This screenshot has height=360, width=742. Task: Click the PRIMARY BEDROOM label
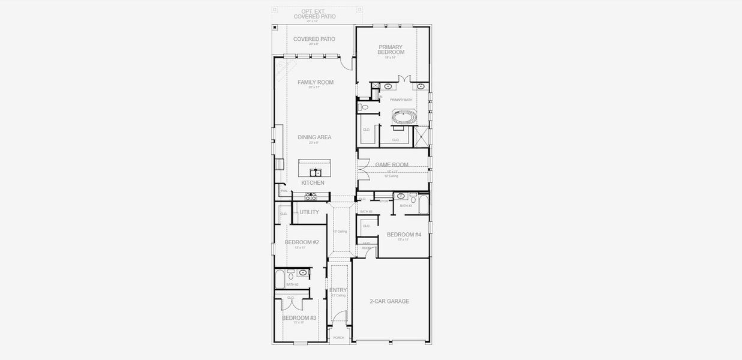(390, 50)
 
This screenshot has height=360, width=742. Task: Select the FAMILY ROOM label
(316, 82)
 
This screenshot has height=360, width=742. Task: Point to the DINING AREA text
(314, 137)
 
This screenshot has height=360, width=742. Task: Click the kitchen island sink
(315, 172)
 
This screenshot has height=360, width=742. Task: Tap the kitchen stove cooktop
(311, 195)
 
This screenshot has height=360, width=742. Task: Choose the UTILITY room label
(310, 212)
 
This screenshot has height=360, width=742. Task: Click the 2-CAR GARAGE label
(389, 301)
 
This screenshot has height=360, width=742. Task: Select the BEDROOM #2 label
(302, 242)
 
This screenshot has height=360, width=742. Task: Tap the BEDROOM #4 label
(404, 235)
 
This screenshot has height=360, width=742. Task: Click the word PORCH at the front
(339, 338)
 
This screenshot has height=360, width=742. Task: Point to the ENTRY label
(338, 290)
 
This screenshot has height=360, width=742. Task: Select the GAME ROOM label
(392, 164)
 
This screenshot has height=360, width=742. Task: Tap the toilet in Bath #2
(291, 276)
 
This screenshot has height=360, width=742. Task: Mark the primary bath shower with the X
(422, 136)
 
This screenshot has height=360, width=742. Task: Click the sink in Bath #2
(303, 273)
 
